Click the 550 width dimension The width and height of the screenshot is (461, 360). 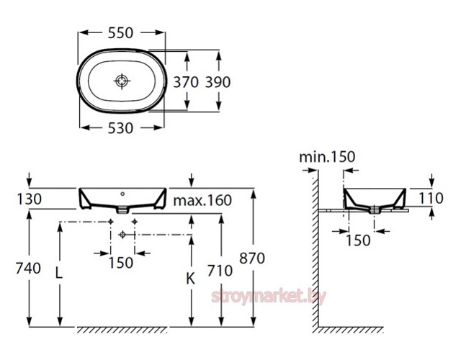[120, 32]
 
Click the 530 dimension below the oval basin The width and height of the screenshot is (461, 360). [120, 128]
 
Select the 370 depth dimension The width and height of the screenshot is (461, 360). [186, 82]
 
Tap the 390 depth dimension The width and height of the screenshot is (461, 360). [218, 82]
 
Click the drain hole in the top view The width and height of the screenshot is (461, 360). [122, 81]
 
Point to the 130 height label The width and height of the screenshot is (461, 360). [29, 199]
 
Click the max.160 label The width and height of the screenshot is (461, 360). [202, 200]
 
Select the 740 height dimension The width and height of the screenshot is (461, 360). [28, 269]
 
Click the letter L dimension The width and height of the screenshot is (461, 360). [59, 274]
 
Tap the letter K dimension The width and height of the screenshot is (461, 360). [190, 279]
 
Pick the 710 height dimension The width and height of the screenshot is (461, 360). [220, 271]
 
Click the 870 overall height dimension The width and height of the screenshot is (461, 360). [252, 258]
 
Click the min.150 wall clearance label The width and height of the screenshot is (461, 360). [327, 157]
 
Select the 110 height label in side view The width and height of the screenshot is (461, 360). [431, 199]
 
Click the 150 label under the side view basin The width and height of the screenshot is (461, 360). [358, 240]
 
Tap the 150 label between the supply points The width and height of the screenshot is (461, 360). [121, 262]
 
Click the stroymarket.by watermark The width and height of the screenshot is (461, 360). [269, 297]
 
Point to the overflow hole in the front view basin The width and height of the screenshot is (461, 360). [122, 194]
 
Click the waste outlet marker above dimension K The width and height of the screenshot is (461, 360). [122, 235]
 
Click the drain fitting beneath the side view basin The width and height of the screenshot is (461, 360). [374, 210]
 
